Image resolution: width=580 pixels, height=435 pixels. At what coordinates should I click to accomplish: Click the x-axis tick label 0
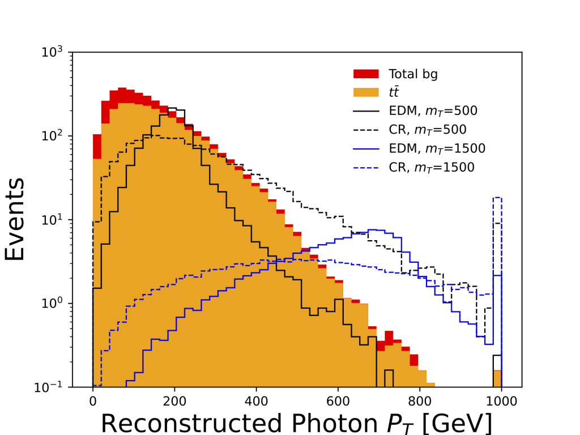pyautogui.click(x=92, y=402)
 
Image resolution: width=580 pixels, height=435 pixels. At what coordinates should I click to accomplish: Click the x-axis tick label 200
pyautogui.click(x=174, y=402)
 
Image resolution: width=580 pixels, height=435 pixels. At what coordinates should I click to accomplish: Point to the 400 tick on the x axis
pyautogui.click(x=256, y=402)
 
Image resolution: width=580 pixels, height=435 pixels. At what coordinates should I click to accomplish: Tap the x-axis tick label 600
pyautogui.click(x=338, y=402)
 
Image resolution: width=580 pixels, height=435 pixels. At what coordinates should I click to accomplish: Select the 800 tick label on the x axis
pyautogui.click(x=420, y=402)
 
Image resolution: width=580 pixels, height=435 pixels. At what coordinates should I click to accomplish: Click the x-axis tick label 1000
pyautogui.click(x=501, y=402)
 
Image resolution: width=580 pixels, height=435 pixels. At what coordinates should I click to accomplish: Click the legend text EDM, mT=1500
pyautogui.click(x=437, y=148)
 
